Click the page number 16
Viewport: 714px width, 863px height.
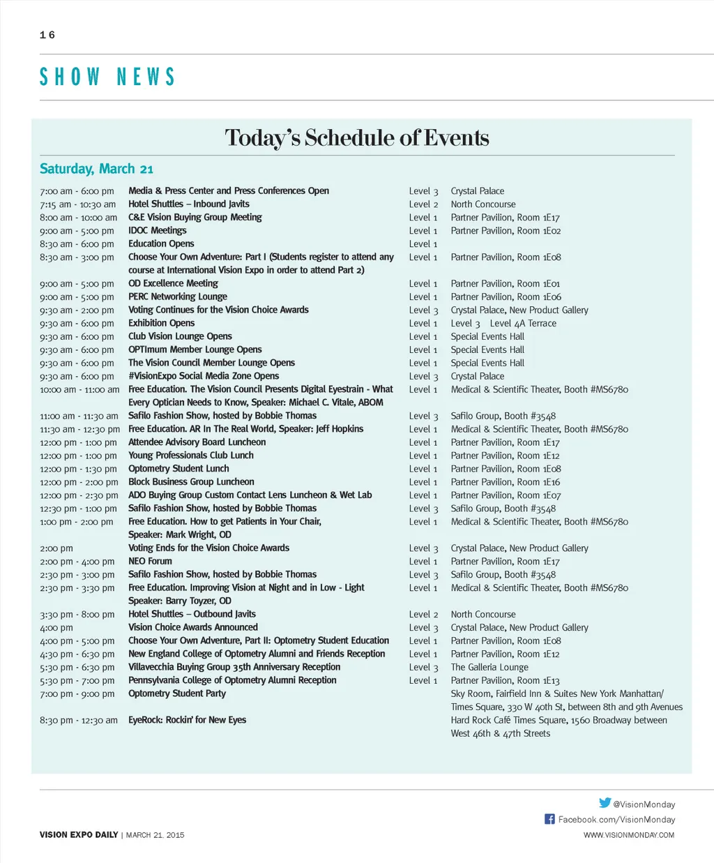coord(47,35)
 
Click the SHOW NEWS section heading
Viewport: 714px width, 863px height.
coord(107,77)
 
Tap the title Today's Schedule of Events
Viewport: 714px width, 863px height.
coord(356,137)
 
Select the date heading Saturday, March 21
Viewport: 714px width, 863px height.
coord(96,169)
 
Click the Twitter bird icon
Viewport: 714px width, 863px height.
coord(605,803)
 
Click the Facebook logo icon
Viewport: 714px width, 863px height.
coord(549,819)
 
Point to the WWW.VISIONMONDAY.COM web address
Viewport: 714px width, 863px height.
coord(629,835)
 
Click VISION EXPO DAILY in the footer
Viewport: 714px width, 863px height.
coord(79,835)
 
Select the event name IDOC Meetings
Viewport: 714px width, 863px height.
coord(158,231)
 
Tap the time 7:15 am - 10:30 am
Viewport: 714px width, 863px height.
coord(78,204)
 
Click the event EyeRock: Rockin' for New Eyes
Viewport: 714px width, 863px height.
coord(187,720)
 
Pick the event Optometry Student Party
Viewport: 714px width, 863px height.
coord(177,693)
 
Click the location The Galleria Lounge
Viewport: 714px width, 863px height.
coord(489,667)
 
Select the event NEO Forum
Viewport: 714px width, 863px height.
coord(150,562)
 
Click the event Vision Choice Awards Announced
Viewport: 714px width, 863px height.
coord(193,627)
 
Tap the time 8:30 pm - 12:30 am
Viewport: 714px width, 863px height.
coord(79,721)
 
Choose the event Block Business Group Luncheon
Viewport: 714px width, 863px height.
coord(191,482)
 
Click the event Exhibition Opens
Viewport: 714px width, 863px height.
coord(162,323)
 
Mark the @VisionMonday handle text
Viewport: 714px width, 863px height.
coord(644,804)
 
